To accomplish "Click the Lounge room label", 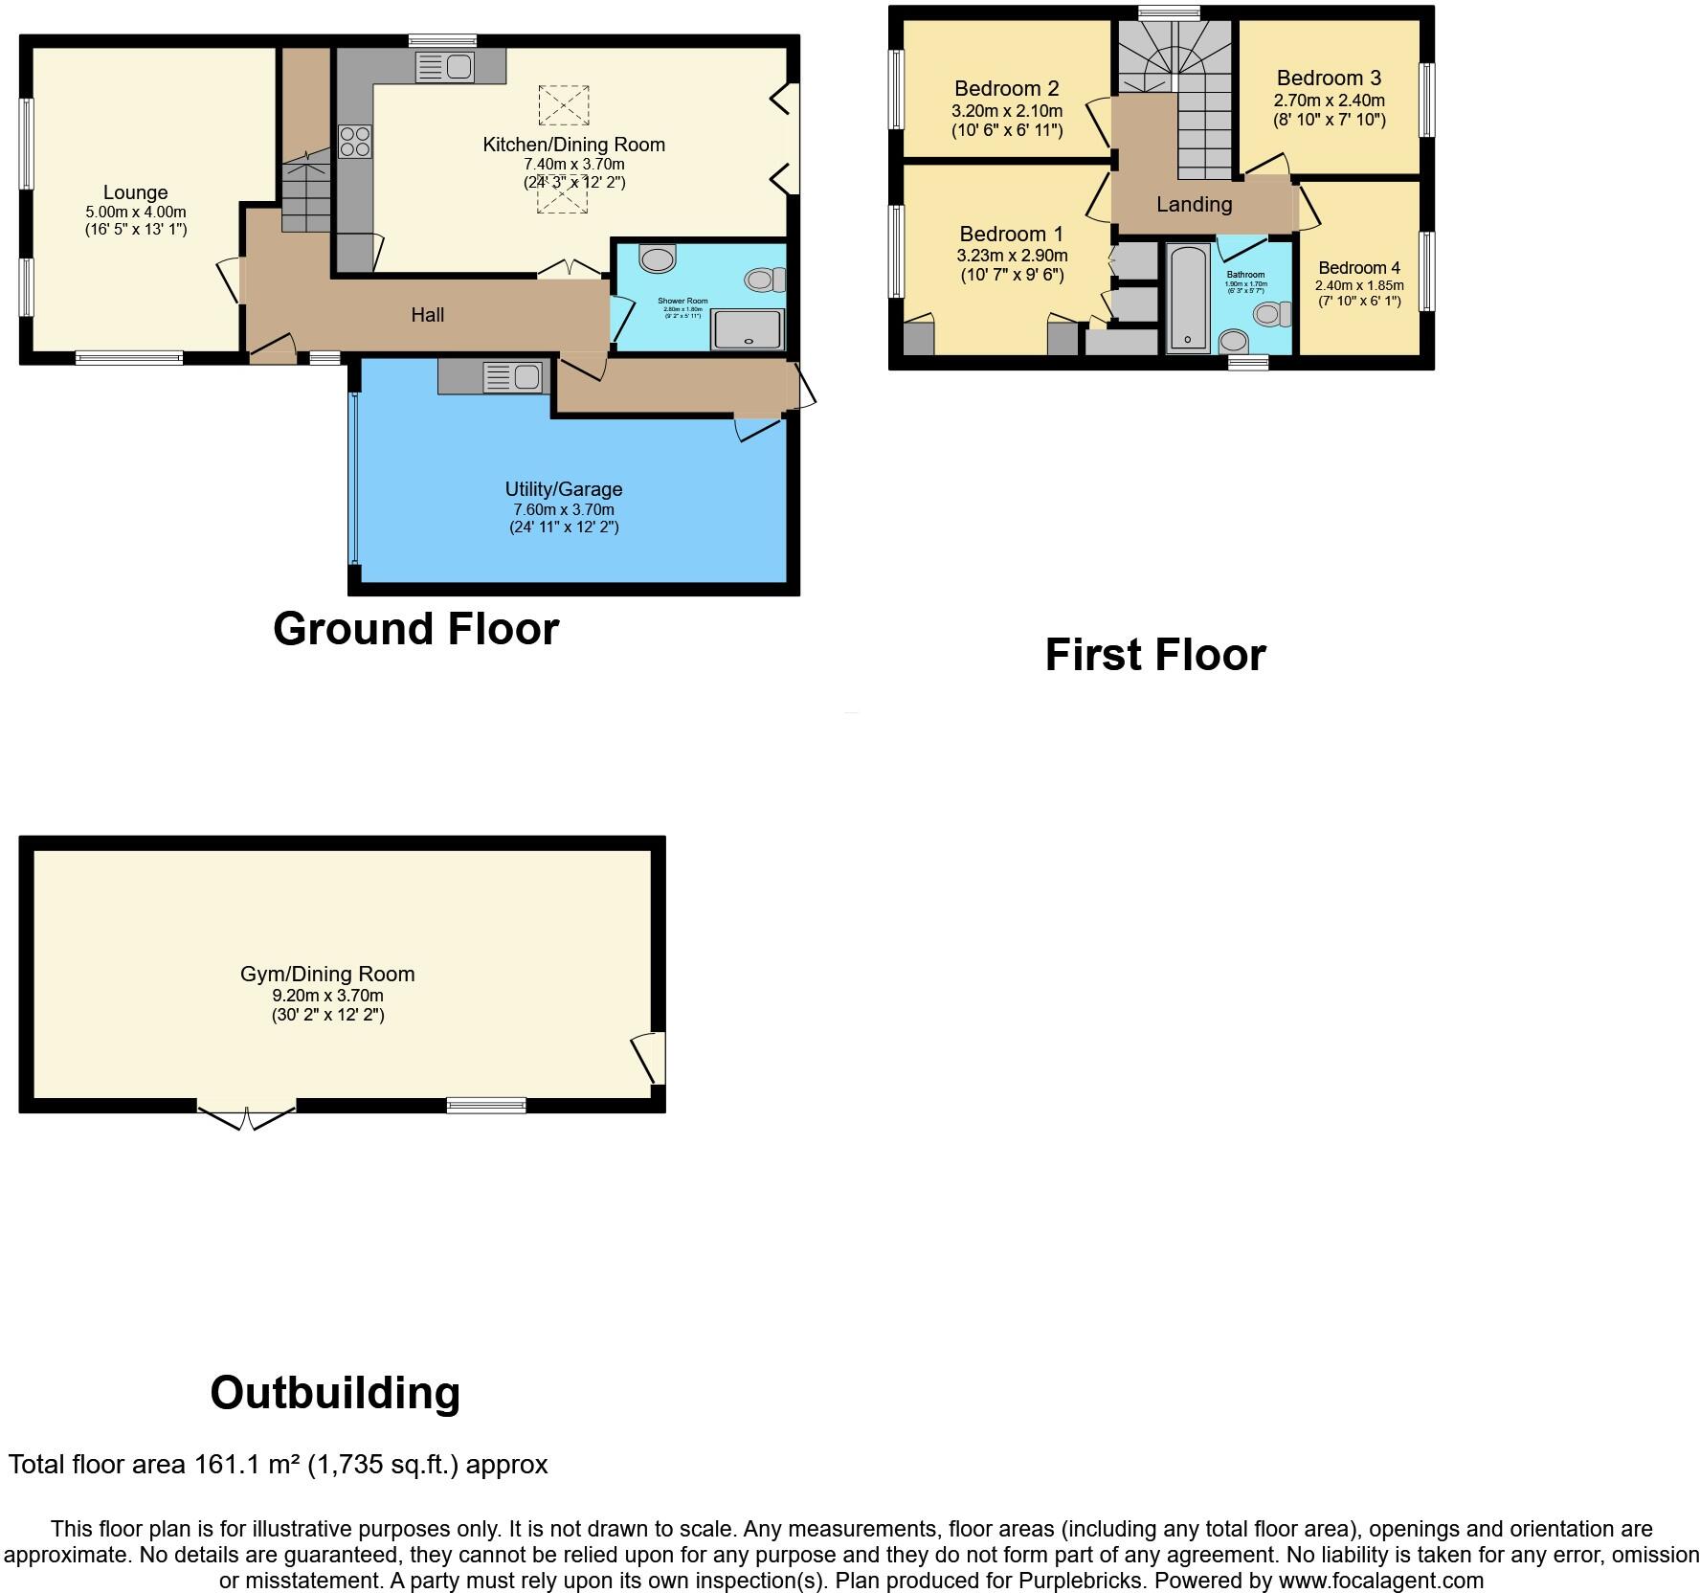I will click(x=135, y=192).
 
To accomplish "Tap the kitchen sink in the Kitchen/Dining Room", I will click(x=445, y=67).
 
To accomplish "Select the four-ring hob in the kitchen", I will click(x=354, y=142).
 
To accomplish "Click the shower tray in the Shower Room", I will click(x=748, y=329).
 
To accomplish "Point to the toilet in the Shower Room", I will click(x=764, y=280).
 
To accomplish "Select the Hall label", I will click(x=427, y=315).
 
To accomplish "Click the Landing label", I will click(x=1194, y=204).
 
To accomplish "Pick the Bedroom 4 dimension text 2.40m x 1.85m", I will click(x=1358, y=285).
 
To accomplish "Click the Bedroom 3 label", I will click(x=1329, y=79).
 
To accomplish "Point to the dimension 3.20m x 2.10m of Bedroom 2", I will click(x=1006, y=110).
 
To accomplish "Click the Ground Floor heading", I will click(x=415, y=629).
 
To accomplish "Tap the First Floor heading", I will click(x=1155, y=655).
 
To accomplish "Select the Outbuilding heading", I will click(x=335, y=1392).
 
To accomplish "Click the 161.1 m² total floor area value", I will click(x=247, y=1465).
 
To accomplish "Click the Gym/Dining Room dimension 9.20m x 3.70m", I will click(x=327, y=996).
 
